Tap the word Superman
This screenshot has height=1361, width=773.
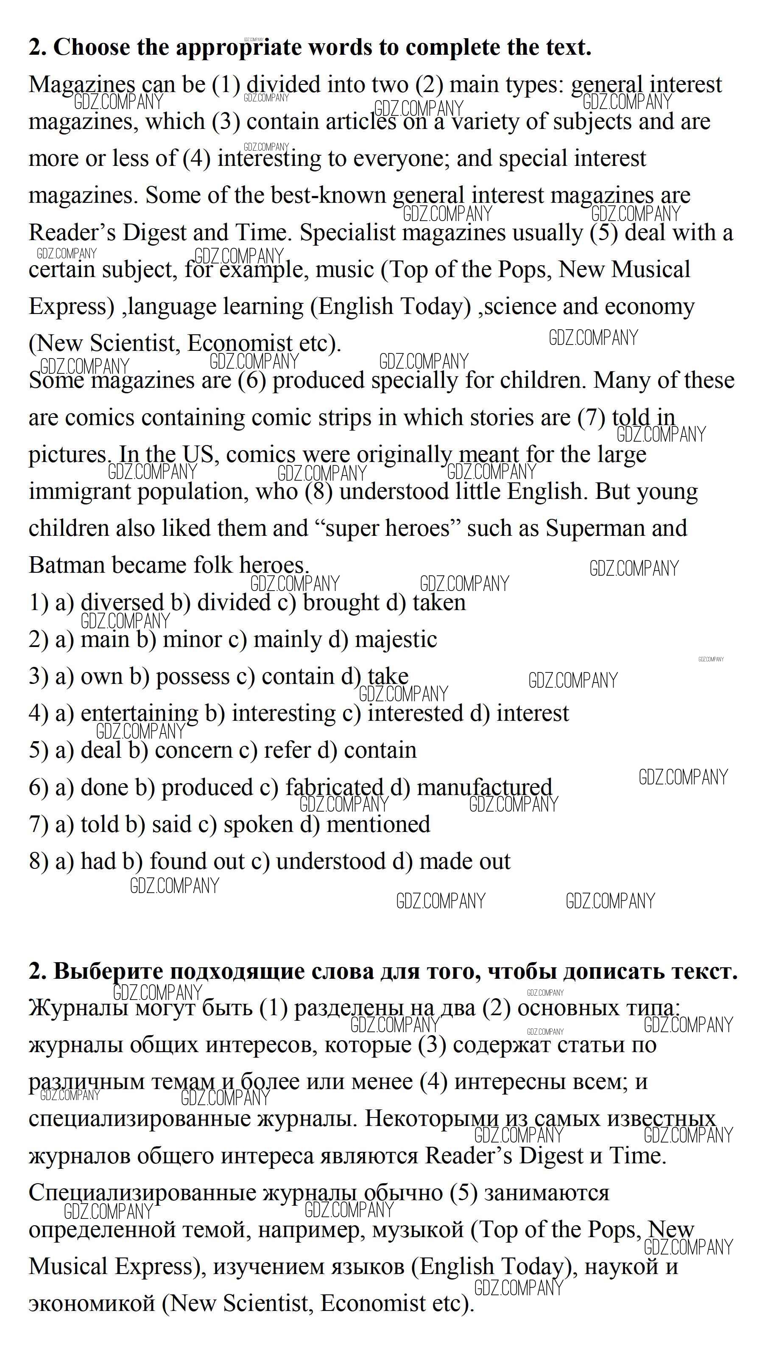[590, 528]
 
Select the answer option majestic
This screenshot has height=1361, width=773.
[396, 639]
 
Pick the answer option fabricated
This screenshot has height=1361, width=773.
[334, 787]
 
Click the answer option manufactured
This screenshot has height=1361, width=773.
[485, 787]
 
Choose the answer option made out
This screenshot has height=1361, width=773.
[465, 861]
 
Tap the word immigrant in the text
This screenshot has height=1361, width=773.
[80, 492]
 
